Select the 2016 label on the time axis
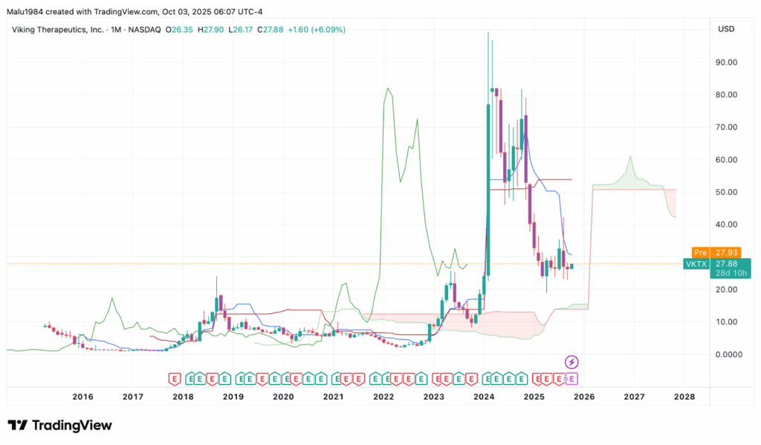point(82,397)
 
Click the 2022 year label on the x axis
point(383,397)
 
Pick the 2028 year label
point(684,397)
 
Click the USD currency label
point(726,29)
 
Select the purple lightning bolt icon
point(572,362)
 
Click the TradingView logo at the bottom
point(60,426)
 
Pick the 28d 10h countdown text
point(731,273)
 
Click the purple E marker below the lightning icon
point(572,378)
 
